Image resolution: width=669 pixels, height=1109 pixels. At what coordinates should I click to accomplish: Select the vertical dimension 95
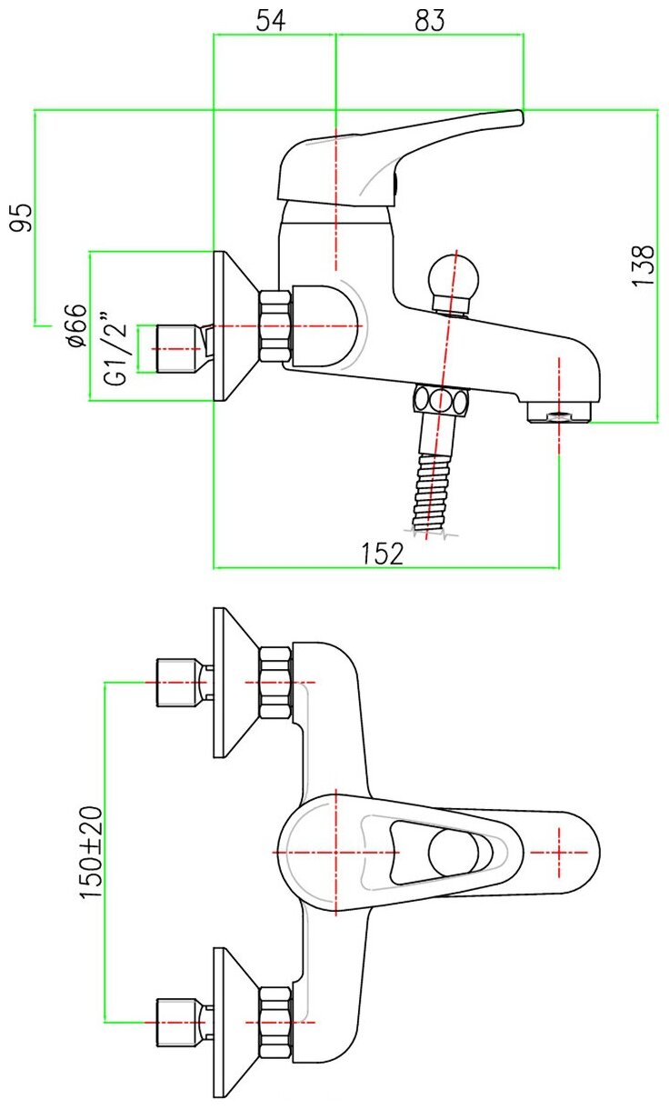point(23,217)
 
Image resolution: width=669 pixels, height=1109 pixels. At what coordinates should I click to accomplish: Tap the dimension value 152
point(384,553)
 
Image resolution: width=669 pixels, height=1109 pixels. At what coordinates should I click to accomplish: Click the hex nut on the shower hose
point(442,401)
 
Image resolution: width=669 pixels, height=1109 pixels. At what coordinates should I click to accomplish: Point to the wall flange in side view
point(232,325)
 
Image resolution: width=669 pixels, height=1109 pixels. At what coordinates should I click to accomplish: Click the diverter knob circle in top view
point(452,852)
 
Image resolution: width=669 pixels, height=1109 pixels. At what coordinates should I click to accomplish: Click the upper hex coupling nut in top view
point(275,682)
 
